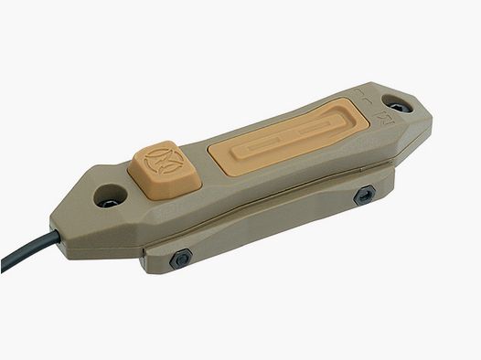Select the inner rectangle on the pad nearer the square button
click(248, 150)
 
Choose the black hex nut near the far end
click(367, 194)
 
